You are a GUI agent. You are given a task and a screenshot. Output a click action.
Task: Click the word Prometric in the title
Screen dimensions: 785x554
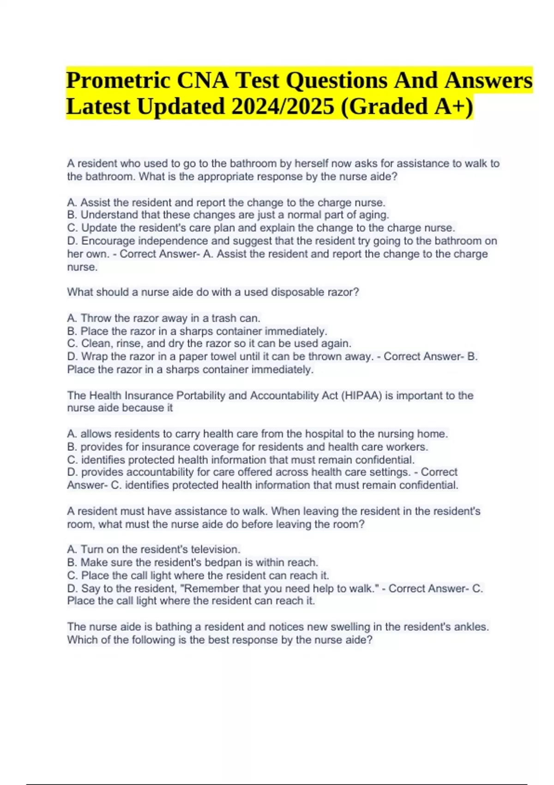[118, 80]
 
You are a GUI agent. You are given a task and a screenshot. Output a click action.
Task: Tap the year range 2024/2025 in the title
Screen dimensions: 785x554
[283, 107]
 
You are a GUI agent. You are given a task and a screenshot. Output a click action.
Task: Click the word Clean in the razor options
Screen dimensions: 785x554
[96, 344]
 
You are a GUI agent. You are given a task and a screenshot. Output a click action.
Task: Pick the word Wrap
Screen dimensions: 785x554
[95, 356]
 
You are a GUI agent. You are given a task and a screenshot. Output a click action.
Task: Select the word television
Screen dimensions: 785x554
[215, 549]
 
